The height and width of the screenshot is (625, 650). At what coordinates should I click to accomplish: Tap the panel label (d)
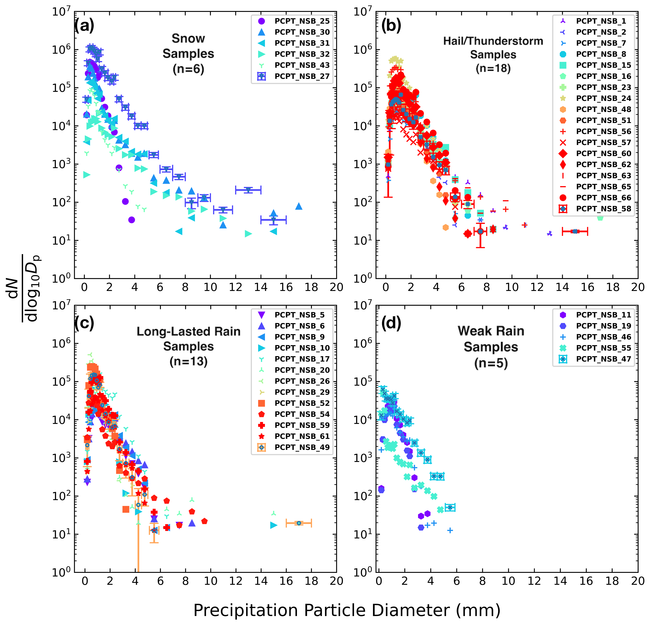[x=391, y=323]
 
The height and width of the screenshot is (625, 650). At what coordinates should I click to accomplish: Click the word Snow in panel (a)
[x=188, y=39]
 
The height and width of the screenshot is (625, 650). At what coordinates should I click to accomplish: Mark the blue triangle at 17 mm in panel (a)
[x=298, y=206]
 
